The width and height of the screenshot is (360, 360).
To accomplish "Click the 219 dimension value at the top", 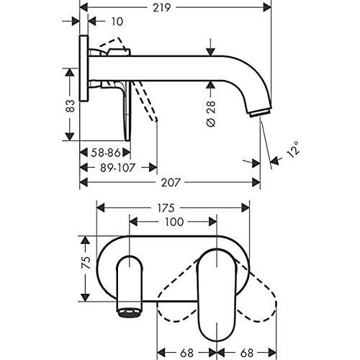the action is pyautogui.click(x=162, y=8).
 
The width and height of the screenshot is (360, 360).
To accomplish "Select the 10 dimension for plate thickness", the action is pyautogui.click(x=117, y=22).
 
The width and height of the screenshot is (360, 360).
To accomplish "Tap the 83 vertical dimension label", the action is pyautogui.click(x=71, y=106).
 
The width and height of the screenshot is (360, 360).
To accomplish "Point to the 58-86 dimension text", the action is pyautogui.click(x=106, y=153).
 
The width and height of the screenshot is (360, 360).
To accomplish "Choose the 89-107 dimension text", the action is pyautogui.click(x=117, y=168).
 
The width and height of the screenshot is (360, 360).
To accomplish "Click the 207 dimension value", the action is pyautogui.click(x=170, y=183).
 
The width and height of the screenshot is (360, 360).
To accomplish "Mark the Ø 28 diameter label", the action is pyautogui.click(x=211, y=114).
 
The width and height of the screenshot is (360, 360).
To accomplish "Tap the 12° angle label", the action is pyautogui.click(x=294, y=149).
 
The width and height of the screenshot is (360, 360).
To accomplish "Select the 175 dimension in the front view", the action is pyautogui.click(x=166, y=208).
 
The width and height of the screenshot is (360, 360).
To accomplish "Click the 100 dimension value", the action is pyautogui.click(x=174, y=222).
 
